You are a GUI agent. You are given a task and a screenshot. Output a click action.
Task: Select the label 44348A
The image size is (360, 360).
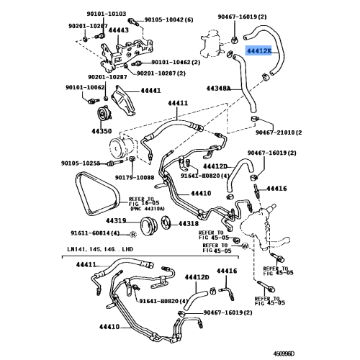pos(218,88)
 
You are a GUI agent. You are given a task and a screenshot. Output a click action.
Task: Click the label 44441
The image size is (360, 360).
pos(150,91)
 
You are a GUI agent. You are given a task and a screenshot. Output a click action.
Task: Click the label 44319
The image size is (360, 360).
pos(117,221)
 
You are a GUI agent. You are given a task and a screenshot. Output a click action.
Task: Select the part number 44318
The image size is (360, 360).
pos(188,224)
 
